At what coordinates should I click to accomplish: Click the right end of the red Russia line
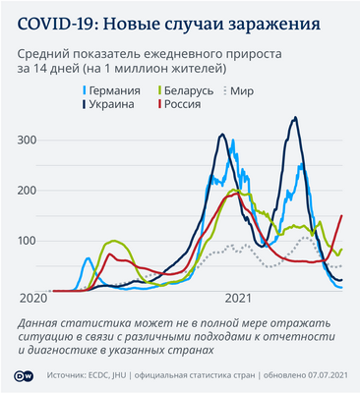pyautogui.click(x=341, y=215)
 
